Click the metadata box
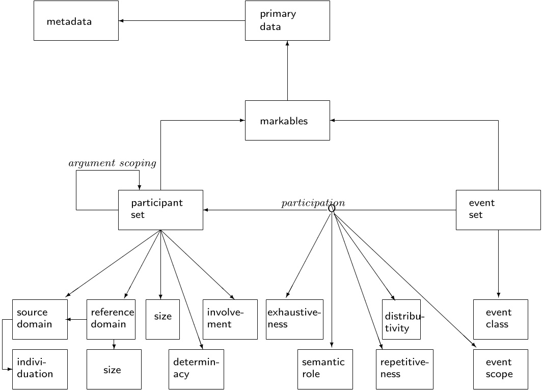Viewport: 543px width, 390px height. [x=76, y=21]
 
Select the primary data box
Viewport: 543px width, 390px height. [x=287, y=21]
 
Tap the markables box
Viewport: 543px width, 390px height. [x=287, y=121]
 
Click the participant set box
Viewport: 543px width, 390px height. [x=160, y=210]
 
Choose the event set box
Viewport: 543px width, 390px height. [x=498, y=210]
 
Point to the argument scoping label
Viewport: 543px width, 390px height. [x=112, y=163]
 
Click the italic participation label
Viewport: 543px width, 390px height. [x=313, y=203]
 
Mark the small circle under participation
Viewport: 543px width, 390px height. [x=332, y=208]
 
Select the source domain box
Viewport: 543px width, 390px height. [x=40, y=319]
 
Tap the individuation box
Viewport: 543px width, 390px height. [x=40, y=369]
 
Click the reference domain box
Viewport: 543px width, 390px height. [x=111, y=319]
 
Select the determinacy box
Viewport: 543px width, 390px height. [x=196, y=369]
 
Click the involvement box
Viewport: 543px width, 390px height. [x=230, y=319]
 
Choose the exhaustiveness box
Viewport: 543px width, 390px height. [x=294, y=319]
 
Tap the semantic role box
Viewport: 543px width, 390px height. [x=325, y=369]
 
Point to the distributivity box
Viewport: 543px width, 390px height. [x=401, y=319]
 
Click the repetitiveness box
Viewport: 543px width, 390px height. [x=405, y=369]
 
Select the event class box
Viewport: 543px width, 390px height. [x=500, y=319]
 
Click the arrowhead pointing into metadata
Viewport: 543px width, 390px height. [x=121, y=21]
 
